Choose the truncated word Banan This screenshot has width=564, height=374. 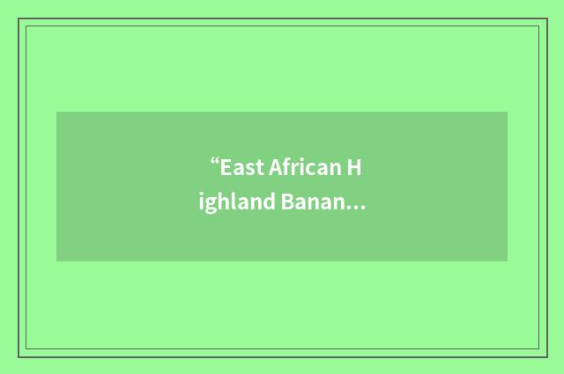tap(314, 204)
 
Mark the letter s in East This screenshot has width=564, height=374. tap(246, 167)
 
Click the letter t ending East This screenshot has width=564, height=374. tap(255, 166)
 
